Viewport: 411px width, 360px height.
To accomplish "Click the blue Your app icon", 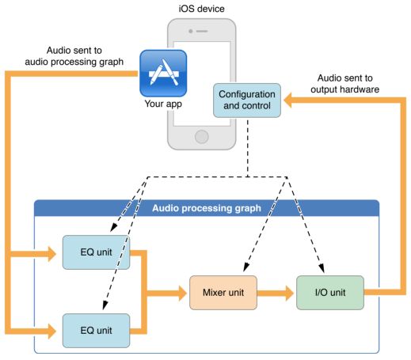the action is tap(163, 74).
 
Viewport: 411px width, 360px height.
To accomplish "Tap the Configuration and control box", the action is tap(247, 100).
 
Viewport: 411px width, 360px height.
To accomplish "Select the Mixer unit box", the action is tap(223, 293).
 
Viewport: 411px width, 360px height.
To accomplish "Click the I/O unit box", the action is tap(330, 293).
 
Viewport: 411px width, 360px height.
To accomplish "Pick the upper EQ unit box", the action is tap(96, 252).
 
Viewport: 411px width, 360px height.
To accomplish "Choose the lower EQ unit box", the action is tap(96, 331).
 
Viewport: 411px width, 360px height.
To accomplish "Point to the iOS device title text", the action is tap(202, 9).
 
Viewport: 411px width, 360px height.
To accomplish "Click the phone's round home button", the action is tap(202, 137).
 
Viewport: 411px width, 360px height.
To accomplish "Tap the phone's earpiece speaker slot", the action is tap(202, 31).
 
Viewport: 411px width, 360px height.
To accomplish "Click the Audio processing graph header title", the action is tap(207, 208).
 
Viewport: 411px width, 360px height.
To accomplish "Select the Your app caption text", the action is tap(163, 104).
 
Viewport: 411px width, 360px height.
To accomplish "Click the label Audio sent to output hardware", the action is tap(344, 84).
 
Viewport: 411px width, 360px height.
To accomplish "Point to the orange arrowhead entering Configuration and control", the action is tap(287, 100).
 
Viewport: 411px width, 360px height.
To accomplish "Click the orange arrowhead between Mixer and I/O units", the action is tap(290, 293).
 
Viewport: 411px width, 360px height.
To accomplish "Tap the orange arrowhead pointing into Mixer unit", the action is tap(183, 293).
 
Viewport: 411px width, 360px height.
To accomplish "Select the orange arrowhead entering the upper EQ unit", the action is tap(52, 254).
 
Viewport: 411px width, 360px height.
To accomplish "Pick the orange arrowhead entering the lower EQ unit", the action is tap(52, 331).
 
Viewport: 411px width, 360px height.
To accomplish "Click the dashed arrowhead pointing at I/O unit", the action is tap(322, 268).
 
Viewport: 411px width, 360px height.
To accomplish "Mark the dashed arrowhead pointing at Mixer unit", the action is tap(246, 267).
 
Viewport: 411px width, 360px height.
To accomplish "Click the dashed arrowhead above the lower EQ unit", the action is tap(105, 305).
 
